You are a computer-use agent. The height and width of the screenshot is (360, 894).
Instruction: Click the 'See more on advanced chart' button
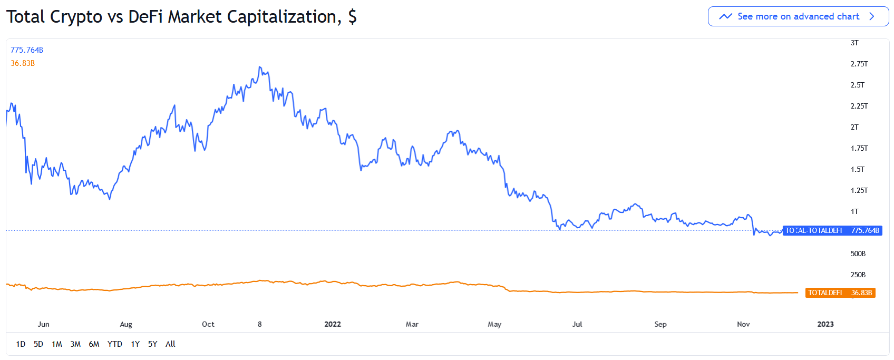(x=798, y=16)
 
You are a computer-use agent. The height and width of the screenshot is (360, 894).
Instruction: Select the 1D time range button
(x=21, y=344)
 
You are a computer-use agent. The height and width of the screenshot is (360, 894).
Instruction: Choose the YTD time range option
(x=114, y=344)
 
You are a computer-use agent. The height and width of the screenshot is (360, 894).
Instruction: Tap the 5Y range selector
(x=152, y=344)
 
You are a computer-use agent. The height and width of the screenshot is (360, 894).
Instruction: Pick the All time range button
(x=170, y=344)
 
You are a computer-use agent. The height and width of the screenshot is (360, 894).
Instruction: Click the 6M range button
(x=94, y=344)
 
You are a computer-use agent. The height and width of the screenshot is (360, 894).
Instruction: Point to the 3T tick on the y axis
(x=854, y=43)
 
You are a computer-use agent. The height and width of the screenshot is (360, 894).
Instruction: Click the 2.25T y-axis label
(x=859, y=106)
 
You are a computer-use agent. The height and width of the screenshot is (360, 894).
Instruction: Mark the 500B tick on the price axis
(x=858, y=254)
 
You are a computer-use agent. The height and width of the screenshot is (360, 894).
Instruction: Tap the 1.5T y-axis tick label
(x=857, y=169)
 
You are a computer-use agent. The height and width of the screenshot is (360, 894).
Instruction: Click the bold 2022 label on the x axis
(x=333, y=324)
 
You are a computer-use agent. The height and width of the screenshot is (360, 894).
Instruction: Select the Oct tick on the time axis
(x=208, y=324)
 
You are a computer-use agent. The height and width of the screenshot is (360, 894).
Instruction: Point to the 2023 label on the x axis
(x=825, y=324)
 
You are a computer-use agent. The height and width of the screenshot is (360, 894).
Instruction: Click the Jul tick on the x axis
(x=577, y=324)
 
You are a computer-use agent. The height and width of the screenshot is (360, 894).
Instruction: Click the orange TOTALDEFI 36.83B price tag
(x=840, y=293)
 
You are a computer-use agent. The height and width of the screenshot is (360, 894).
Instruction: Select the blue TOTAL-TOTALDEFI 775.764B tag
(x=832, y=230)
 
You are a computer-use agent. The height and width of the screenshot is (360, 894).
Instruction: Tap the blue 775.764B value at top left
(x=27, y=50)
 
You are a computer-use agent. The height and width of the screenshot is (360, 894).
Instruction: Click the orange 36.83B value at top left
(x=23, y=63)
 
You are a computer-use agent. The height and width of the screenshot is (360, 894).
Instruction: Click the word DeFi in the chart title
(x=146, y=17)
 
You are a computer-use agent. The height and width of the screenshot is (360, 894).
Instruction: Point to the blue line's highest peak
(x=260, y=67)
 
